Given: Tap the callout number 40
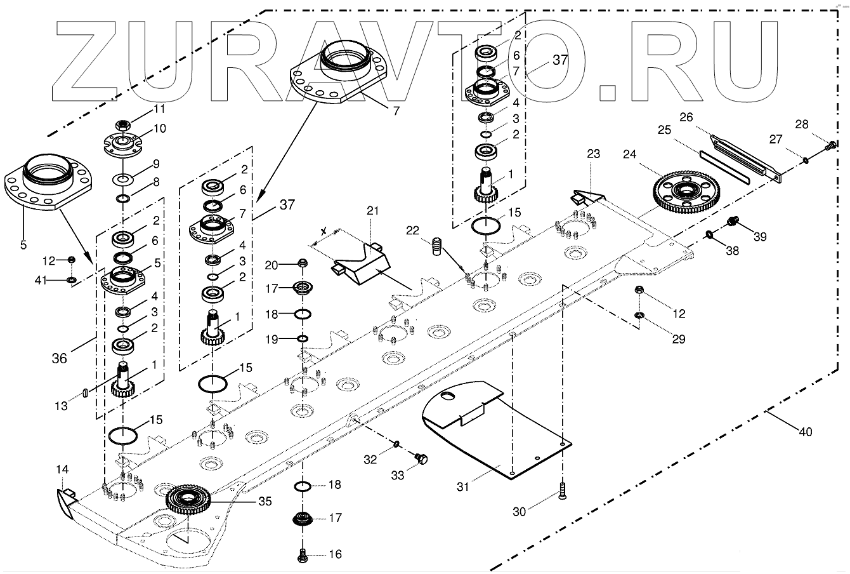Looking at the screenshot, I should tap(804, 432).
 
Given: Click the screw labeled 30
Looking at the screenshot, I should tap(562, 492).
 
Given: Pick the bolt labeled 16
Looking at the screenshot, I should tap(303, 554).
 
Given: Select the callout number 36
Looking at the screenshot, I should tap(59, 358).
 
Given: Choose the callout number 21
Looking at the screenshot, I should tap(371, 210).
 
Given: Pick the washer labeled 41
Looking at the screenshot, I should tap(72, 279).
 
